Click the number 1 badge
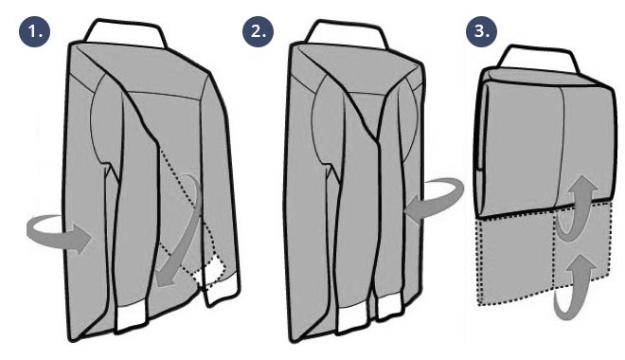[34, 31]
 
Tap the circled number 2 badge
[259, 31]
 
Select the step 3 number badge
[481, 31]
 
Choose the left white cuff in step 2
[352, 319]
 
